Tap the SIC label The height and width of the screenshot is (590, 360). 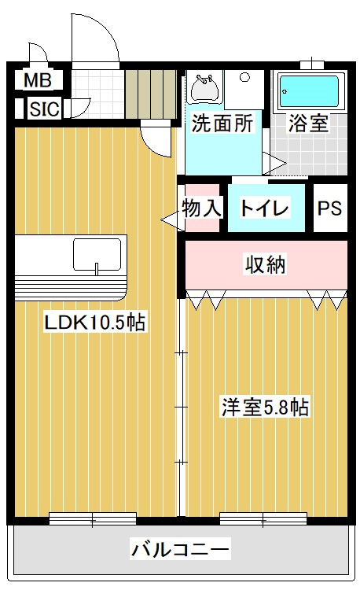[x=45, y=109]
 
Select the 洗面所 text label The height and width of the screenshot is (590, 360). [x=222, y=123]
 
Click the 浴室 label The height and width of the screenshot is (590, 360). [x=308, y=123]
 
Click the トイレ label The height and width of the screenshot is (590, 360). [x=265, y=208]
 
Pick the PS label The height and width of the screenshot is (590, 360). [x=330, y=208]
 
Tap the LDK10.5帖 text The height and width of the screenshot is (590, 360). [x=94, y=323]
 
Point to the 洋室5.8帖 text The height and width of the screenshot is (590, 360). [x=263, y=407]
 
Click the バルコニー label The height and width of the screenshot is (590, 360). [x=180, y=548]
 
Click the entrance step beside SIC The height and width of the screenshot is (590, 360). [x=150, y=93]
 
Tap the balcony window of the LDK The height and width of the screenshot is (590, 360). [x=92, y=518]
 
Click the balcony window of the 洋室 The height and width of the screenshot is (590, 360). [x=263, y=518]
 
